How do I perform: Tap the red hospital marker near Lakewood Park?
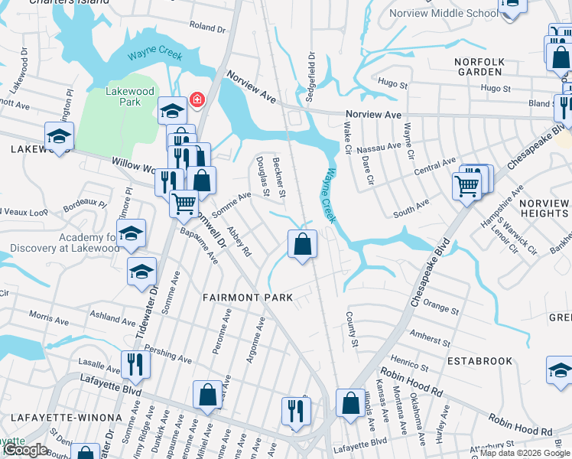pyautogui.click(x=197, y=100)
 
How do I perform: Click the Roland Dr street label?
pyautogui.click(x=208, y=28)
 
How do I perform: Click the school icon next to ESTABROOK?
pyautogui.click(x=561, y=371)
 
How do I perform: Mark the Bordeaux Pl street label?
pyautogui.click(x=85, y=204)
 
